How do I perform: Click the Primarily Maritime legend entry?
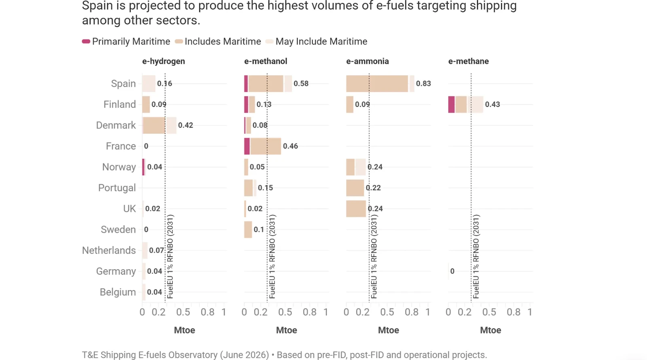(126, 42)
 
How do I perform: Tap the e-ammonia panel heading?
(368, 61)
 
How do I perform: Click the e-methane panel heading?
(469, 61)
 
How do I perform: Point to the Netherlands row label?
(109, 250)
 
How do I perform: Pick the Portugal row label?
(117, 188)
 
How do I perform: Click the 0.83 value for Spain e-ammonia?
(423, 83)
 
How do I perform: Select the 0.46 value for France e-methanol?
(290, 146)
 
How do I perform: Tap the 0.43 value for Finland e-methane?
(493, 104)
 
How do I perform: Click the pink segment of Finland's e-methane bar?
(451, 104)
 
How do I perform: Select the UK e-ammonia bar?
(356, 209)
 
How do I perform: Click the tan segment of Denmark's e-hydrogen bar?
(154, 125)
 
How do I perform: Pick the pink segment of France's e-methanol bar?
(247, 146)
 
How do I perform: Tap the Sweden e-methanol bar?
(248, 230)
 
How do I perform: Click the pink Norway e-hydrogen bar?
(143, 167)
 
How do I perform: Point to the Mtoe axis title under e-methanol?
(287, 330)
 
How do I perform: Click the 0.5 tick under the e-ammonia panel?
(387, 312)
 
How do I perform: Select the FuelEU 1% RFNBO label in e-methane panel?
(476, 256)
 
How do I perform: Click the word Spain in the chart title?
(97, 6)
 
